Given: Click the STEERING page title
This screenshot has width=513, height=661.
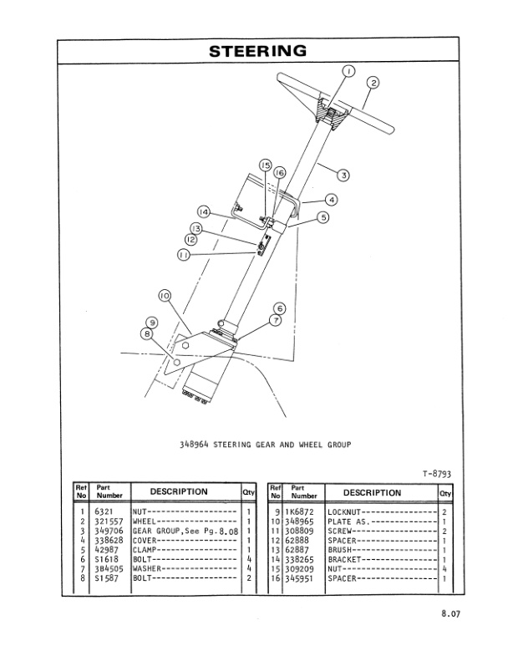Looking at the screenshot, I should (x=256, y=51).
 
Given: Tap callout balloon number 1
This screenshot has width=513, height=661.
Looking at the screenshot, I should (x=348, y=71).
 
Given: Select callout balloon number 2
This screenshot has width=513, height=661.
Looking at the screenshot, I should (x=373, y=82).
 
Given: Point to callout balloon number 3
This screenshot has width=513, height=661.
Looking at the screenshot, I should (x=343, y=175).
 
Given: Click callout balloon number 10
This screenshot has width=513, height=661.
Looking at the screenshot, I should (x=164, y=296).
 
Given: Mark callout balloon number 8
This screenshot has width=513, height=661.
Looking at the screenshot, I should (x=149, y=333).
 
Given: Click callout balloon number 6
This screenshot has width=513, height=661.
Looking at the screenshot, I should (x=279, y=308).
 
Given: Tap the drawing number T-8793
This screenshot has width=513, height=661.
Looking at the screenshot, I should (x=438, y=473).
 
